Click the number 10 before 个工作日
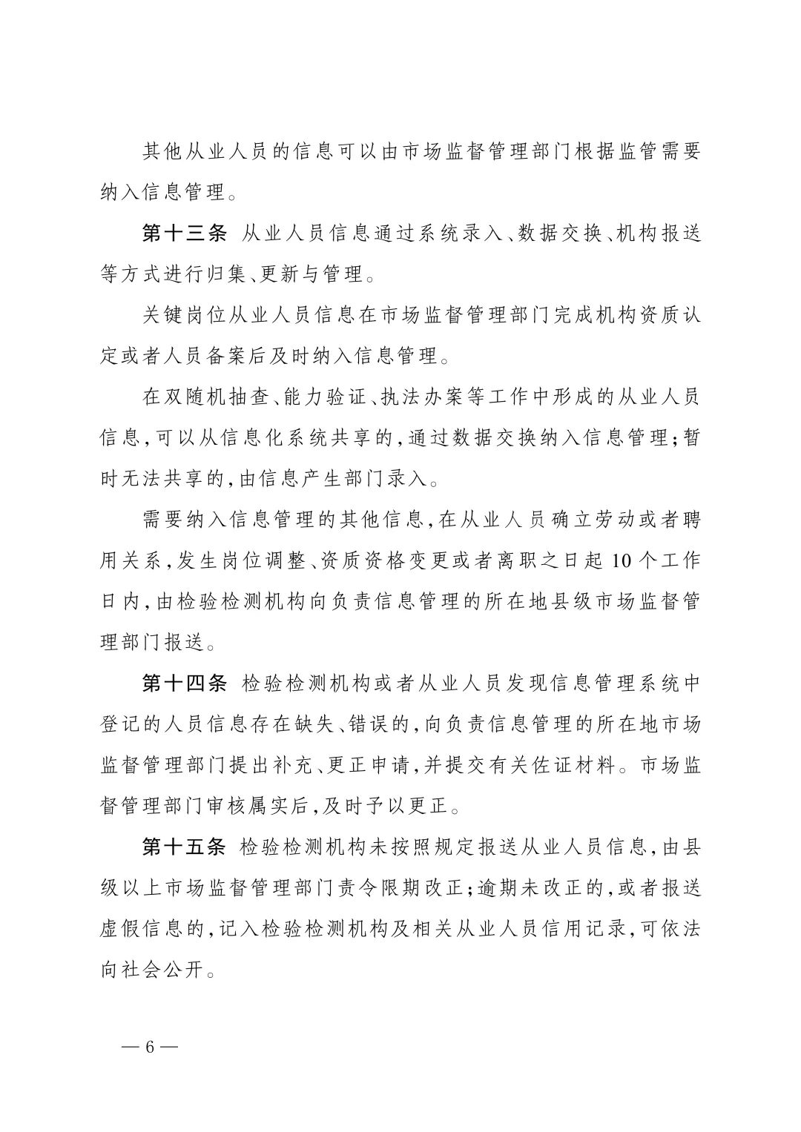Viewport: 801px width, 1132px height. coord(622,561)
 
